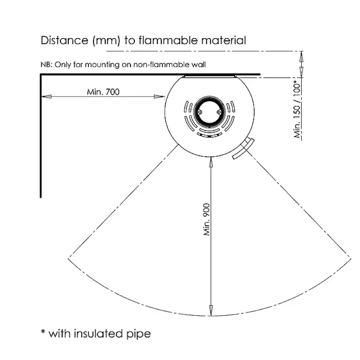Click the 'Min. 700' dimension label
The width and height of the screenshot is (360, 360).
coord(103,92)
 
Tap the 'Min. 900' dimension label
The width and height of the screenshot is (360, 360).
coord(207,220)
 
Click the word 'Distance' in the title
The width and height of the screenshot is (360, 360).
coord(64,40)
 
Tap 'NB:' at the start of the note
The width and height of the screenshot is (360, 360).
coord(46,64)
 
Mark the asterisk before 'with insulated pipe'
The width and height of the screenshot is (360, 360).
coord(43,332)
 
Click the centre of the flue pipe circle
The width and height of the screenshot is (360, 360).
coord(210,110)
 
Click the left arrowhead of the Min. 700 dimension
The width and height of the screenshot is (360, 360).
coord(44,97)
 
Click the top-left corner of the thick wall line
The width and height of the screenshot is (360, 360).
coord(41,75)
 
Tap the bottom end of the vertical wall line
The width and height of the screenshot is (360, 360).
coord(41,197)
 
